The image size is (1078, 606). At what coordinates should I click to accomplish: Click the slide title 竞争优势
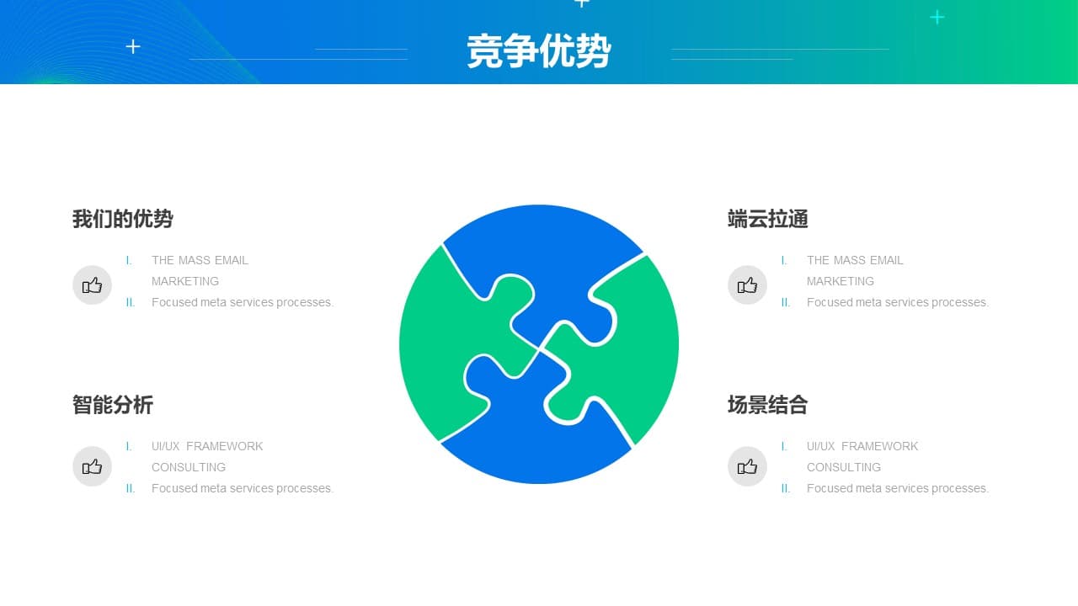(x=538, y=50)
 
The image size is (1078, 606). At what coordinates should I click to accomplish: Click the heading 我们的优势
(x=123, y=219)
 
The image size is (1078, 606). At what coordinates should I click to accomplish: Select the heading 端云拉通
(x=767, y=219)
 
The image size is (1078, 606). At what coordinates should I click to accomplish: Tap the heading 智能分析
(x=113, y=405)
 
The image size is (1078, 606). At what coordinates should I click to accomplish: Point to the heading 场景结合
(x=767, y=405)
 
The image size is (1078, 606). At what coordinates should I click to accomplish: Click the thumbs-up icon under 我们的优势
(x=92, y=285)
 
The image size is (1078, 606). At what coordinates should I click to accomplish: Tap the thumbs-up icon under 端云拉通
(x=747, y=285)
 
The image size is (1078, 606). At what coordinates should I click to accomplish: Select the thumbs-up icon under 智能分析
(x=92, y=466)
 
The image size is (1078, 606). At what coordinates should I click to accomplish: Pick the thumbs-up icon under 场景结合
(x=747, y=466)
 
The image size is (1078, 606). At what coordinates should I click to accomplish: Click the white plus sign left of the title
(x=133, y=46)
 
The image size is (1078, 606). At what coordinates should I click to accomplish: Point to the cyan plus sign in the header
(x=937, y=18)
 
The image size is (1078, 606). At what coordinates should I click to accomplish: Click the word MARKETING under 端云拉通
(x=841, y=281)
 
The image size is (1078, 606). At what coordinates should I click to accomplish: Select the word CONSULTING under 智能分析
(x=189, y=467)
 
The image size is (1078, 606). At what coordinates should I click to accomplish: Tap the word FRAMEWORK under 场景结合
(x=880, y=446)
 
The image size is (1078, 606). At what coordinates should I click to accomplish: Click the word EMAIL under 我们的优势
(x=232, y=260)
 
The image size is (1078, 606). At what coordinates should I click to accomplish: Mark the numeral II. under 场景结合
(x=786, y=488)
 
